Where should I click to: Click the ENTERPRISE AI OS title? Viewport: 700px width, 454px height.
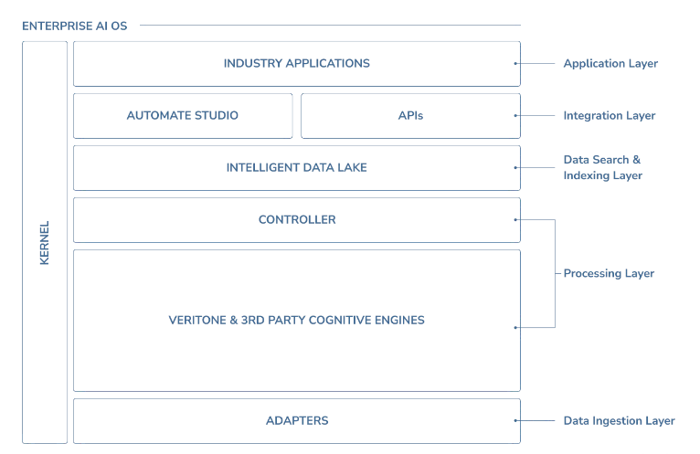[75, 26]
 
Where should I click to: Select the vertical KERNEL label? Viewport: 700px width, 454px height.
[45, 242]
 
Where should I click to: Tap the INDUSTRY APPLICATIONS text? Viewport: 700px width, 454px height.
[296, 64]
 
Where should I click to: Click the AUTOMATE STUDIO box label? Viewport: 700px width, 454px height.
[182, 116]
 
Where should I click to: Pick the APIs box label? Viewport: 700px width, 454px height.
[410, 116]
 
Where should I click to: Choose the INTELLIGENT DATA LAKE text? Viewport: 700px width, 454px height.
[296, 168]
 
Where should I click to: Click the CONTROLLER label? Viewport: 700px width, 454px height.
[296, 220]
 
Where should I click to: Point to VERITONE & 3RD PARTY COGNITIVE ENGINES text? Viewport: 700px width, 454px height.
[296, 321]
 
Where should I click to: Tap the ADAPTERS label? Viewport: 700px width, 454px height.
[296, 421]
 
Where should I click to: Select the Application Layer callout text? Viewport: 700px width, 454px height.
[610, 64]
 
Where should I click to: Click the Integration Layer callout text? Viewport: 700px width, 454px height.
[609, 116]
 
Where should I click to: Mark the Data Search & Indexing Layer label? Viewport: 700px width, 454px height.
[602, 168]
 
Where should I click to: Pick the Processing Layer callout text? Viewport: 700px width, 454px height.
[609, 274]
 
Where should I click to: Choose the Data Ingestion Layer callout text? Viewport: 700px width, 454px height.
[619, 421]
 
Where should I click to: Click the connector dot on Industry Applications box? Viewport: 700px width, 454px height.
[516, 64]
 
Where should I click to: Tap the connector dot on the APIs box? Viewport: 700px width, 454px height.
[516, 116]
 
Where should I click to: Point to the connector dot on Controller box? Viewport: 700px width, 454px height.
[516, 220]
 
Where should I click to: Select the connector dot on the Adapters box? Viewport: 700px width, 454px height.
[516, 421]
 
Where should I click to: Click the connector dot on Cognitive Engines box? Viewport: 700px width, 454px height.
[516, 326]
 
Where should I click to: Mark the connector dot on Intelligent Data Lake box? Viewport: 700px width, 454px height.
[516, 168]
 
